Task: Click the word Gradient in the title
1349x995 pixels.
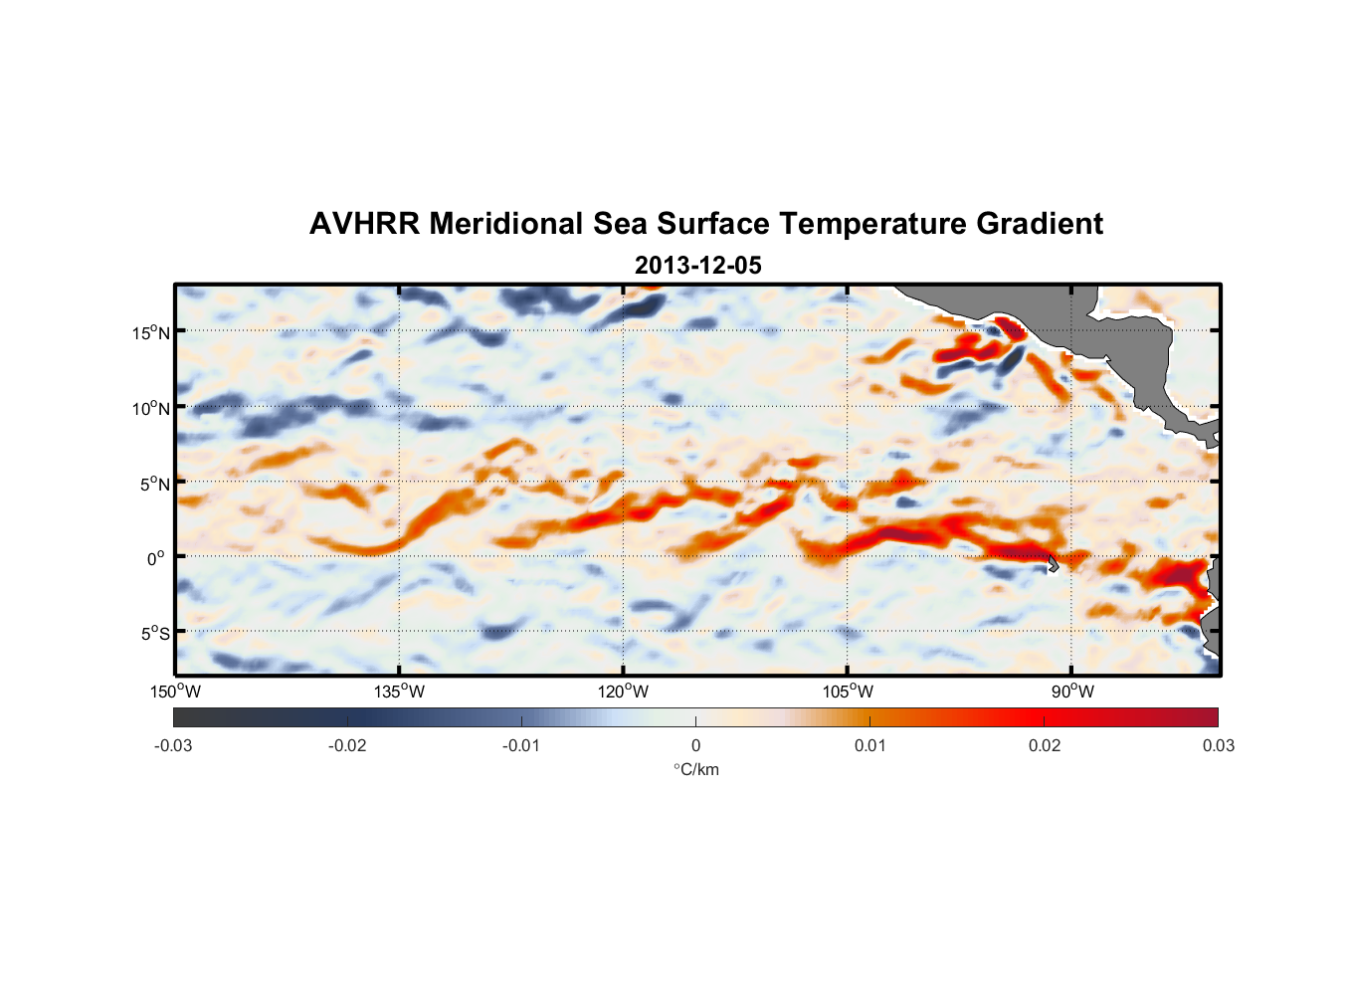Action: click(1039, 224)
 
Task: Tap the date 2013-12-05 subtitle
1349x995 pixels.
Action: click(697, 266)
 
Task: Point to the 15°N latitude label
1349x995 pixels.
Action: click(151, 332)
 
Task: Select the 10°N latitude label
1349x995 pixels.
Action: click(151, 408)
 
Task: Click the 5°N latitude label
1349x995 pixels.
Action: click(154, 484)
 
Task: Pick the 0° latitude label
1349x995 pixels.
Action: click(156, 558)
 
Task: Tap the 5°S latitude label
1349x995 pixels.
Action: click(154, 634)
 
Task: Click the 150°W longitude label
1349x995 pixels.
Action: click(175, 692)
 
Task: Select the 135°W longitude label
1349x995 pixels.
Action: click(399, 692)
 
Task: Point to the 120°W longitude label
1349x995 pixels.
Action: click(623, 692)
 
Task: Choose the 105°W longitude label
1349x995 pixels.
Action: click(848, 692)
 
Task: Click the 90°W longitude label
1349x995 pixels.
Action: click(1072, 692)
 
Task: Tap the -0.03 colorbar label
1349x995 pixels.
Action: click(173, 745)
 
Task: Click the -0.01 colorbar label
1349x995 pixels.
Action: click(521, 745)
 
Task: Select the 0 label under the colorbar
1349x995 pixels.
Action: click(695, 745)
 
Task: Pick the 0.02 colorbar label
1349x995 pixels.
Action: click(1045, 745)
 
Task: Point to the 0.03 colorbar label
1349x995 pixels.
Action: click(1218, 745)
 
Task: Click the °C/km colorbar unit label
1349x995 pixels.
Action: click(695, 769)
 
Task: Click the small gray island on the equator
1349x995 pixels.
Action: click(1053, 564)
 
